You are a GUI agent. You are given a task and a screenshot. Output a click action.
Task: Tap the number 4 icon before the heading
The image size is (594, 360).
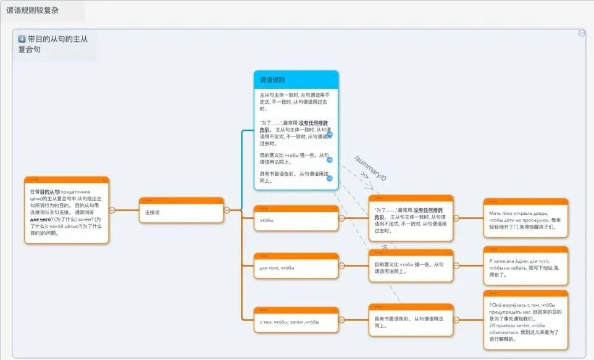pos(22,39)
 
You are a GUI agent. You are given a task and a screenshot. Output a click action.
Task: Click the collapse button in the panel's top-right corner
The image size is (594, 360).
pos(582,33)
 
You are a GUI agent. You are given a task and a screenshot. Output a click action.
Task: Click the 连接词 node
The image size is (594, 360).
pos(181,212)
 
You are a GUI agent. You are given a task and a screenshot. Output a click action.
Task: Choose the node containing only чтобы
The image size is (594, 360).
pos(296,220)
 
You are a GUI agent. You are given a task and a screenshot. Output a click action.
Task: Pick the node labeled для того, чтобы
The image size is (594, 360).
pos(296,267)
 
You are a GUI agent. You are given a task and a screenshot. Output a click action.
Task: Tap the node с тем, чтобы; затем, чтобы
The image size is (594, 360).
pos(296,322)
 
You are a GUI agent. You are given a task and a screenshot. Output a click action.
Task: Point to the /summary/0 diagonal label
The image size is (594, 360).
pos(370,169)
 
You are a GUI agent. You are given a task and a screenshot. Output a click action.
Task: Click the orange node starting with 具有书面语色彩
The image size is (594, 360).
pos(410,322)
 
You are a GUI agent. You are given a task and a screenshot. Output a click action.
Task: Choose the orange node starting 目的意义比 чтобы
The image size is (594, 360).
pos(410,267)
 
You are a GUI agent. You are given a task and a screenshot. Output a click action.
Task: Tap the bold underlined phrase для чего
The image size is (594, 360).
pos(40,219)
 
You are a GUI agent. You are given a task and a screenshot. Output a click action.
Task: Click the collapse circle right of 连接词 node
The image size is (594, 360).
pos(226,210)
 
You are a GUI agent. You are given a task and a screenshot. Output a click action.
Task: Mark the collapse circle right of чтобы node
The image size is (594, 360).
pos(341,217)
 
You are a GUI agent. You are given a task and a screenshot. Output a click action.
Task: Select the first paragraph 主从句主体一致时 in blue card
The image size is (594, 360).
pos(295,101)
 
